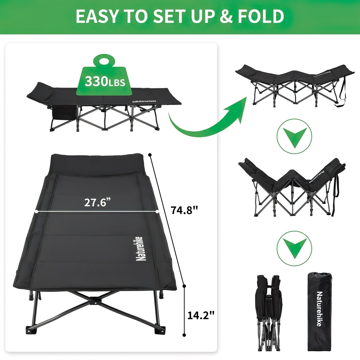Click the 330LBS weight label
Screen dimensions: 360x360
pyautogui.click(x=105, y=81)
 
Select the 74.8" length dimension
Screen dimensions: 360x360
pyautogui.click(x=184, y=210)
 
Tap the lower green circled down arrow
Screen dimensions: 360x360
pyautogui.click(x=294, y=248)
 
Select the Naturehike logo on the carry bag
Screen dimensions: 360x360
pyautogui.click(x=319, y=309)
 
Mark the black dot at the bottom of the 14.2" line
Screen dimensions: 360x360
pyautogui.click(x=184, y=334)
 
